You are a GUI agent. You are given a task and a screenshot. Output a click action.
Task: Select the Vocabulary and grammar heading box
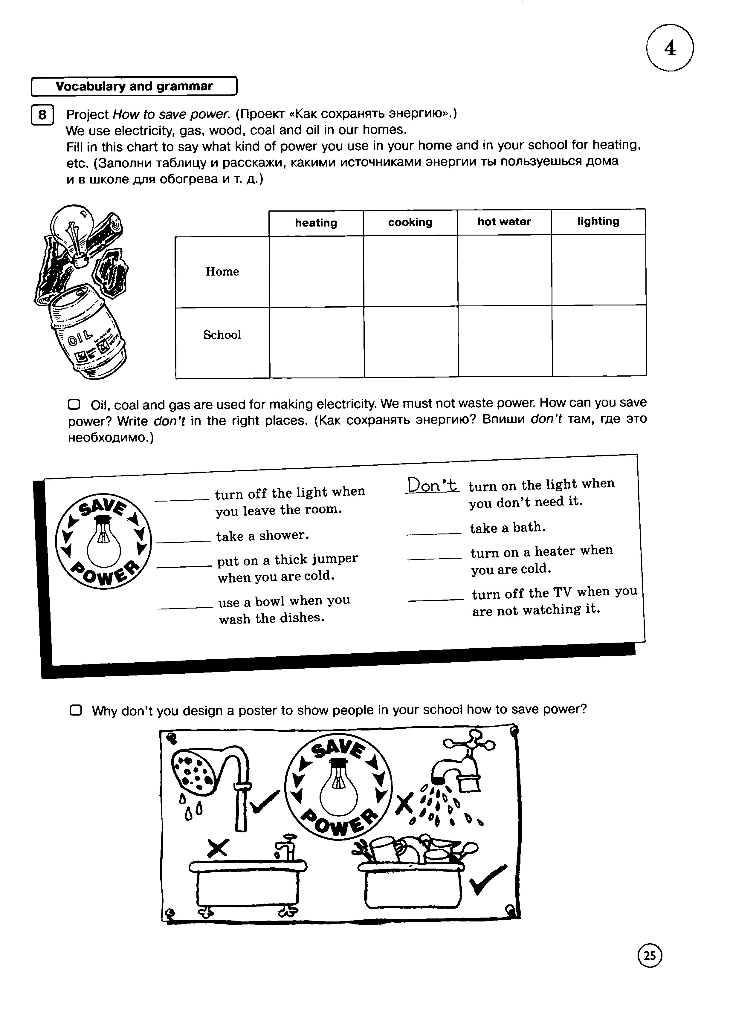coord(134,86)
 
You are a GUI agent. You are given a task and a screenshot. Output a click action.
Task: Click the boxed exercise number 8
coord(42,115)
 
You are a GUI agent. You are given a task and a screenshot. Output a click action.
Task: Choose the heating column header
coord(316,223)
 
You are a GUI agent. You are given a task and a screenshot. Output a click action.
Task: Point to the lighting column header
coord(598,221)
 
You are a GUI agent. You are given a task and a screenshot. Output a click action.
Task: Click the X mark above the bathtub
coord(217,848)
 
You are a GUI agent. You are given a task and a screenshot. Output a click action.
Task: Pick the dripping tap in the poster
coord(462,765)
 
